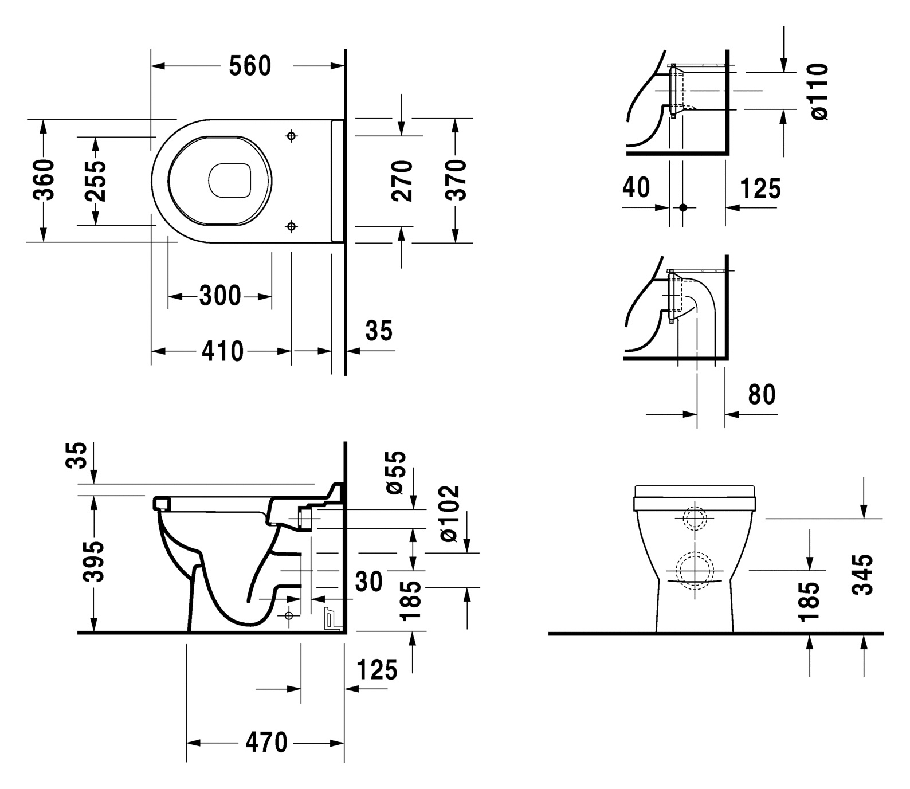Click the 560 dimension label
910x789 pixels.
point(250,66)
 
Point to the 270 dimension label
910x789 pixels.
point(402,181)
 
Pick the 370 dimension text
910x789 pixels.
point(456,180)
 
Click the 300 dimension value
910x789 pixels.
point(220,296)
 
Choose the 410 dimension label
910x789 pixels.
point(222,351)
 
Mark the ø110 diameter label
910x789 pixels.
point(819,92)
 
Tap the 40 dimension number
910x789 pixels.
point(636,187)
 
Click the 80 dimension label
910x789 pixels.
point(762,394)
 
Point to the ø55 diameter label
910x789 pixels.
point(396,472)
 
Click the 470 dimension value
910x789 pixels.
point(266,743)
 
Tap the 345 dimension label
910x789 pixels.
point(863,574)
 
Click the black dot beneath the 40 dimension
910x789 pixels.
point(682,207)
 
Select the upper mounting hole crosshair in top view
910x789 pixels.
point(292,136)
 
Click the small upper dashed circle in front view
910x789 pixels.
point(695,519)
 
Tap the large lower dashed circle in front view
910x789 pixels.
point(695,571)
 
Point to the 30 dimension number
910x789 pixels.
point(369,582)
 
